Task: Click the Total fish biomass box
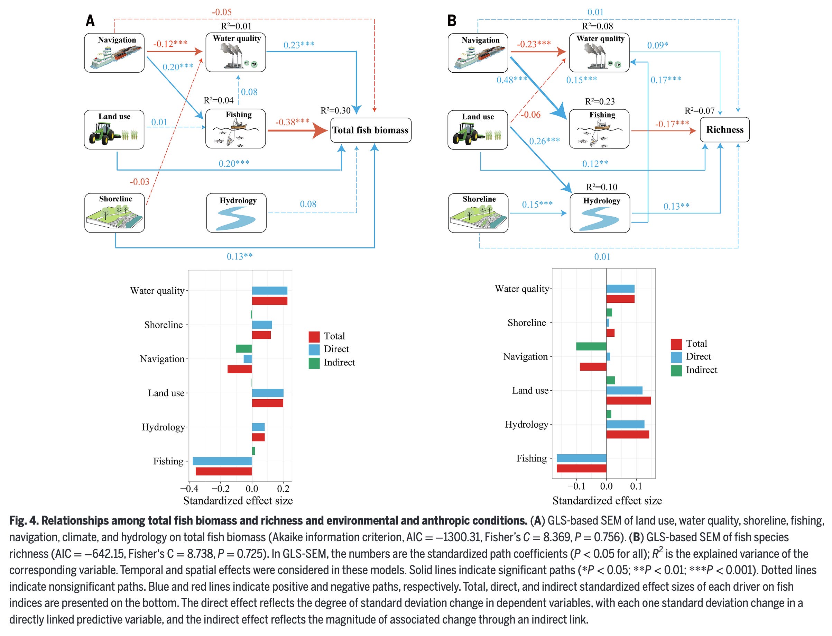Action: pos(370,130)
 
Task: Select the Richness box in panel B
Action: pos(724,130)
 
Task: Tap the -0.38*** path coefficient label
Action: pos(292,122)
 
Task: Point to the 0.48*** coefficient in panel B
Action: pos(511,80)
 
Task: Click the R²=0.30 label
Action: pos(335,110)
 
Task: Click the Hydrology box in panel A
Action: pos(237,212)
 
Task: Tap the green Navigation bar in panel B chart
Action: pos(591,346)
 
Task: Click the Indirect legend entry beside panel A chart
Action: pos(339,362)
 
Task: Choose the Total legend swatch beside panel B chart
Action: pos(676,344)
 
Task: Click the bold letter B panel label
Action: pos(452,20)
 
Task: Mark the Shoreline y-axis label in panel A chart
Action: pos(163,325)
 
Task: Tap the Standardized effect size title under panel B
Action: pos(607,500)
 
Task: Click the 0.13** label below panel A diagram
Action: pos(240,256)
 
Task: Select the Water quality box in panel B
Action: pos(599,52)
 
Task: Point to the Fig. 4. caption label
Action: pos(24,520)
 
